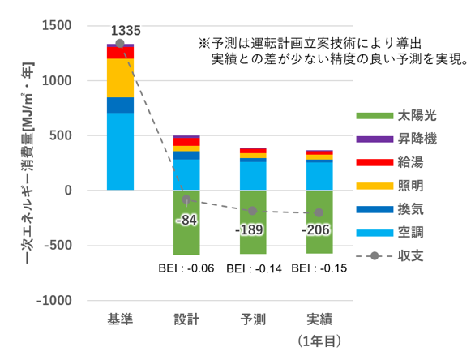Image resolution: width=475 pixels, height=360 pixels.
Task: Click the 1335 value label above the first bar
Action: pyautogui.click(x=126, y=31)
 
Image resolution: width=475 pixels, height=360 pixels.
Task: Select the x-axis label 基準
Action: pyautogui.click(x=120, y=318)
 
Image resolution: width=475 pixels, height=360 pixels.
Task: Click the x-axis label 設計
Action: pyautogui.click(x=186, y=318)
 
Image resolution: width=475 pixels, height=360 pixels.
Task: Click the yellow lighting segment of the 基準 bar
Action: pyautogui.click(x=120, y=78)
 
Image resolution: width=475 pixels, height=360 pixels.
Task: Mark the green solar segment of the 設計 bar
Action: pyautogui.click(x=186, y=235)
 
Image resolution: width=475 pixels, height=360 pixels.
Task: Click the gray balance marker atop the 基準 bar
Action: pyautogui.click(x=120, y=44)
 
